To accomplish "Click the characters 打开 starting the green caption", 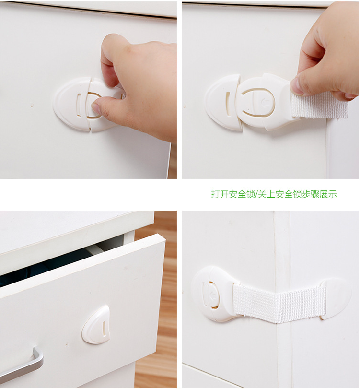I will tap(220, 194).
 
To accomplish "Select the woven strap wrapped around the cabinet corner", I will tap(278, 302).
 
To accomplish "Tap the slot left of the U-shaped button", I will tap(228, 103).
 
